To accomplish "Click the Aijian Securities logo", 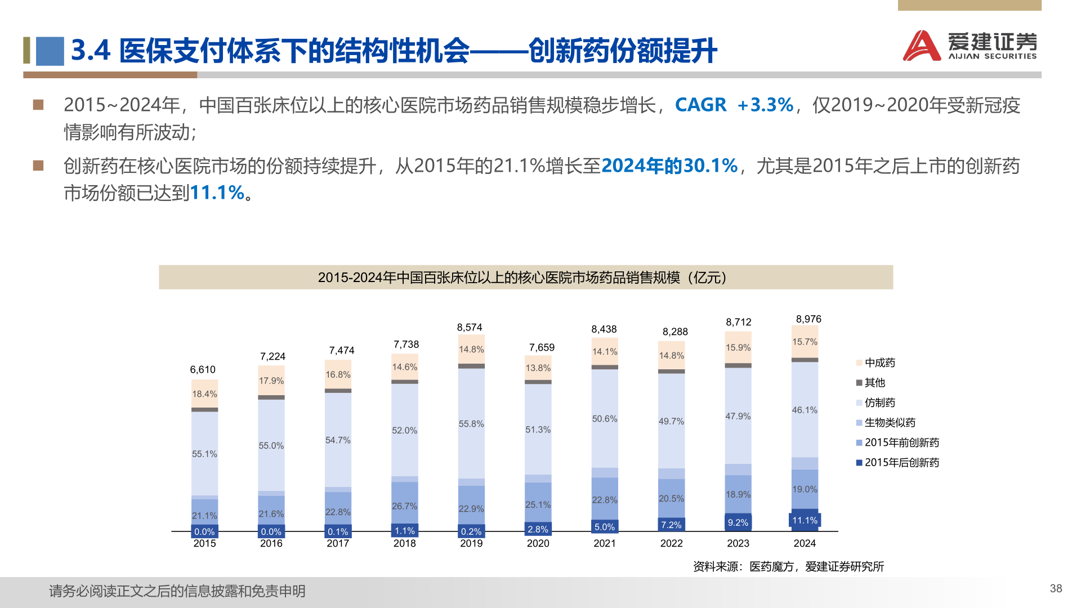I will (x=970, y=46).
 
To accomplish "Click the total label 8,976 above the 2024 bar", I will (x=808, y=319).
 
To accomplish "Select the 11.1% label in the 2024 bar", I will (x=805, y=521).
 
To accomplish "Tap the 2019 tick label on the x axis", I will (x=471, y=543).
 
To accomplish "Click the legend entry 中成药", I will (x=879, y=363).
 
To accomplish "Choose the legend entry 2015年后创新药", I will (x=901, y=463).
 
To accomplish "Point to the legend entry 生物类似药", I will (x=890, y=423).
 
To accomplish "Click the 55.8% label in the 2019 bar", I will (x=471, y=424).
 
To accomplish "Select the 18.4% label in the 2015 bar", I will (x=204, y=394).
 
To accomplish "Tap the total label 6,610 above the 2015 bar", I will (x=203, y=370).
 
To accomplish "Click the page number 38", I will (x=1056, y=588).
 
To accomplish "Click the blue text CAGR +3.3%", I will (x=734, y=105).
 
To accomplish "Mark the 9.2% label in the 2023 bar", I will (x=738, y=523).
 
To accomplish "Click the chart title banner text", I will (x=525, y=278).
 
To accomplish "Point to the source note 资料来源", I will (x=788, y=567).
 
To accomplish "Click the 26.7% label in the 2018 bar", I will (x=404, y=507).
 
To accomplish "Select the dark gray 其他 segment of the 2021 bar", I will (x=605, y=367).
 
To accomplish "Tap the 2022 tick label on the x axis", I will (x=671, y=543).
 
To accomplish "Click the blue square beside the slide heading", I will (x=50, y=51).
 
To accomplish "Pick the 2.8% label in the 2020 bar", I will (x=538, y=530).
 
